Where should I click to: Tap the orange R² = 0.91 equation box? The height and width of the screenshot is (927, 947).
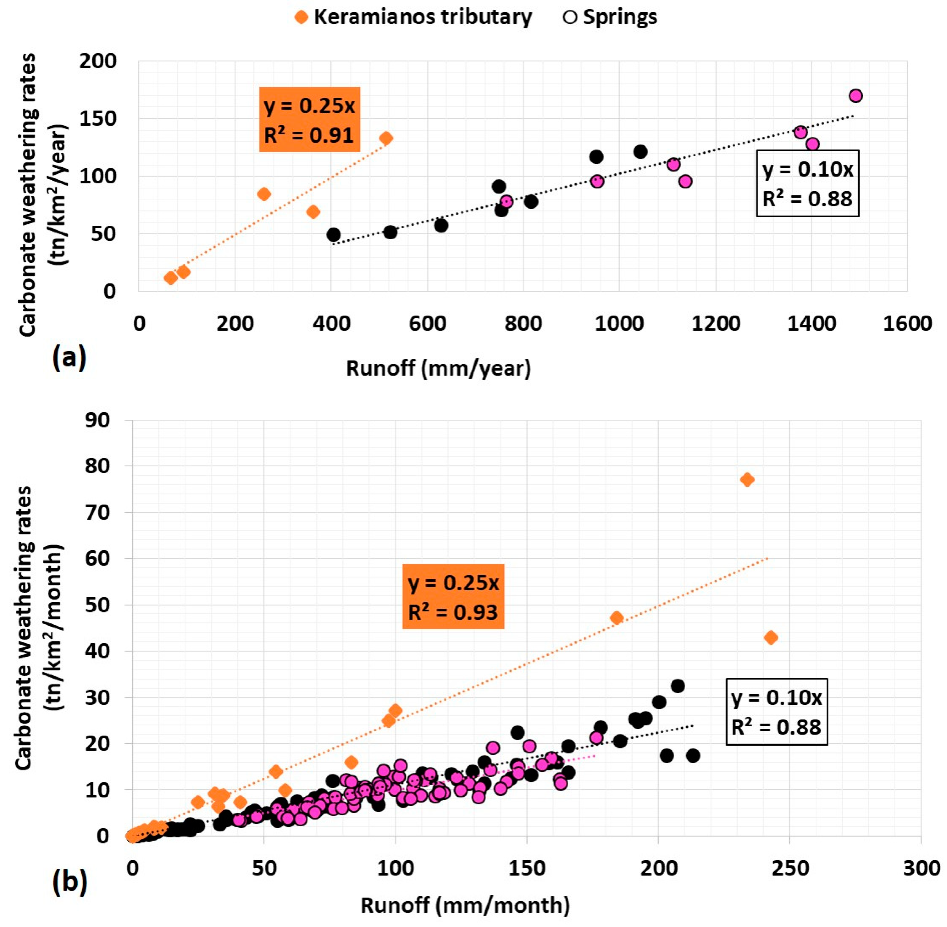click(x=310, y=119)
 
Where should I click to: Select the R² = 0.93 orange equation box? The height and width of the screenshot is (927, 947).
click(x=453, y=596)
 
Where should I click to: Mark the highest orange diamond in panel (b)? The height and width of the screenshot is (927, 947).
click(x=747, y=480)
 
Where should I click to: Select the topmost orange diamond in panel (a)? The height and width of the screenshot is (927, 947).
click(x=386, y=138)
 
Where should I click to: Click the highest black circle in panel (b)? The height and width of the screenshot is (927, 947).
click(x=677, y=686)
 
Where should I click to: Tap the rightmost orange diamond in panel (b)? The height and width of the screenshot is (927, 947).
click(x=771, y=637)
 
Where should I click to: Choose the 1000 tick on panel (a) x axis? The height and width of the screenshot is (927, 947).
click(x=619, y=323)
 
